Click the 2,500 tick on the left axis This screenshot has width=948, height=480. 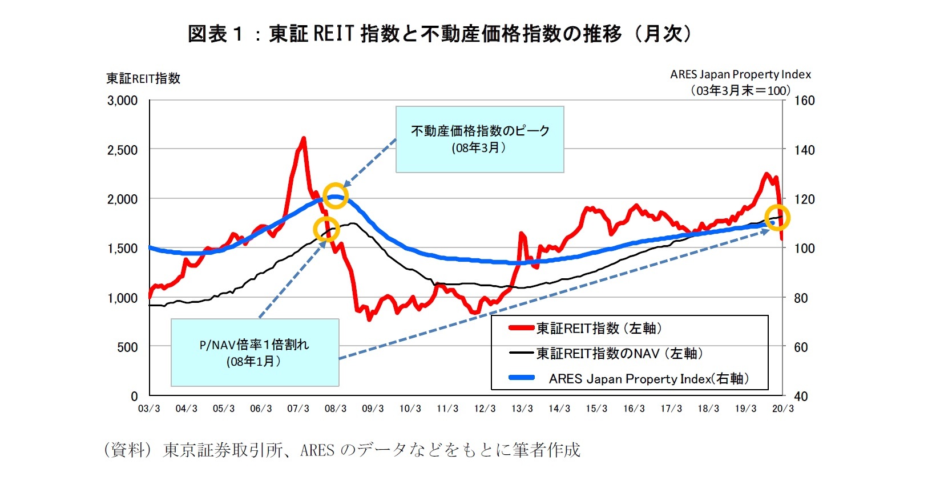pyautogui.click(x=122, y=150)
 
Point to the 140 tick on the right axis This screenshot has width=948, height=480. pyautogui.click(x=804, y=150)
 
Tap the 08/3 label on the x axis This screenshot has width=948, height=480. pyautogui.click(x=336, y=409)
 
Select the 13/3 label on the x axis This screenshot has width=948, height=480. pyautogui.click(x=522, y=409)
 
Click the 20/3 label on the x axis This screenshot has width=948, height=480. pyautogui.click(x=782, y=409)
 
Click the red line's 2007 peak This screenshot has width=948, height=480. pyautogui.click(x=303, y=138)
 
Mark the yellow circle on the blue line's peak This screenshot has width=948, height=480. pyautogui.click(x=336, y=196)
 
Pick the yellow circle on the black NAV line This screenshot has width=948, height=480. pyautogui.click(x=326, y=229)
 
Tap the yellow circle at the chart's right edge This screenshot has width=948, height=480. pyautogui.click(x=777, y=217)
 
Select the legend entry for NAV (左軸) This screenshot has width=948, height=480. pyautogui.click(x=619, y=354)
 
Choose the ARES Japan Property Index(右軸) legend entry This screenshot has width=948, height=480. pyautogui.click(x=648, y=379)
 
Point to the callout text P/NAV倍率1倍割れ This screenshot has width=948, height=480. pyautogui.click(x=254, y=345)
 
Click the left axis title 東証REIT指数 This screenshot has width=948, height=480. pyautogui.click(x=143, y=78)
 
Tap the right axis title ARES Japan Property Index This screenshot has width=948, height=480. pyautogui.click(x=740, y=74)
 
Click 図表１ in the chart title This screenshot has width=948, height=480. pyautogui.click(x=215, y=34)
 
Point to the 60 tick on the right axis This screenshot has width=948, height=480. pyautogui.click(x=801, y=347)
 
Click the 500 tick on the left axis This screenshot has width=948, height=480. pyautogui.click(x=127, y=347)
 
